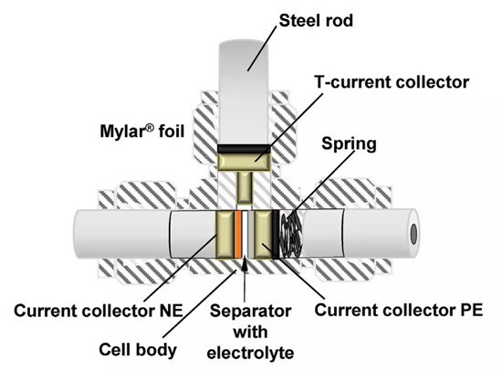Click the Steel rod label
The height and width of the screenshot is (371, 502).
tap(316, 21)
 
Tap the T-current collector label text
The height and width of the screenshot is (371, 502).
tap(392, 82)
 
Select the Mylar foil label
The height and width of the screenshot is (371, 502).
tap(142, 132)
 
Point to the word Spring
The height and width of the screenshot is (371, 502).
tap(349, 143)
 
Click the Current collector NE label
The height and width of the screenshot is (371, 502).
tap(99, 311)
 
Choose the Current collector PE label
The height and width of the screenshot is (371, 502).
tap(399, 310)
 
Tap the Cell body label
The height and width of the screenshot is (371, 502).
tap(138, 349)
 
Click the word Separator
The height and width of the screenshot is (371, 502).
tap(250, 311)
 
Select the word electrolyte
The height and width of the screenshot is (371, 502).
tap(250, 353)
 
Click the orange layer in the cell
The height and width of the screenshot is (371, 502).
tap(238, 235)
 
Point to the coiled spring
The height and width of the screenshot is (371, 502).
tap(291, 235)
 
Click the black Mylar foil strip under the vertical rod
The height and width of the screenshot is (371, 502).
tap(244, 148)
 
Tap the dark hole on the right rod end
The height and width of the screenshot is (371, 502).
tap(413, 234)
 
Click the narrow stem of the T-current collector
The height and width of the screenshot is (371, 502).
tap(245, 187)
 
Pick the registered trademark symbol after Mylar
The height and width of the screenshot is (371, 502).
tap(150, 128)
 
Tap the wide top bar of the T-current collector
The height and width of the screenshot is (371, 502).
tap(244, 163)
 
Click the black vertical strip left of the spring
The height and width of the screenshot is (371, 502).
tap(276, 235)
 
